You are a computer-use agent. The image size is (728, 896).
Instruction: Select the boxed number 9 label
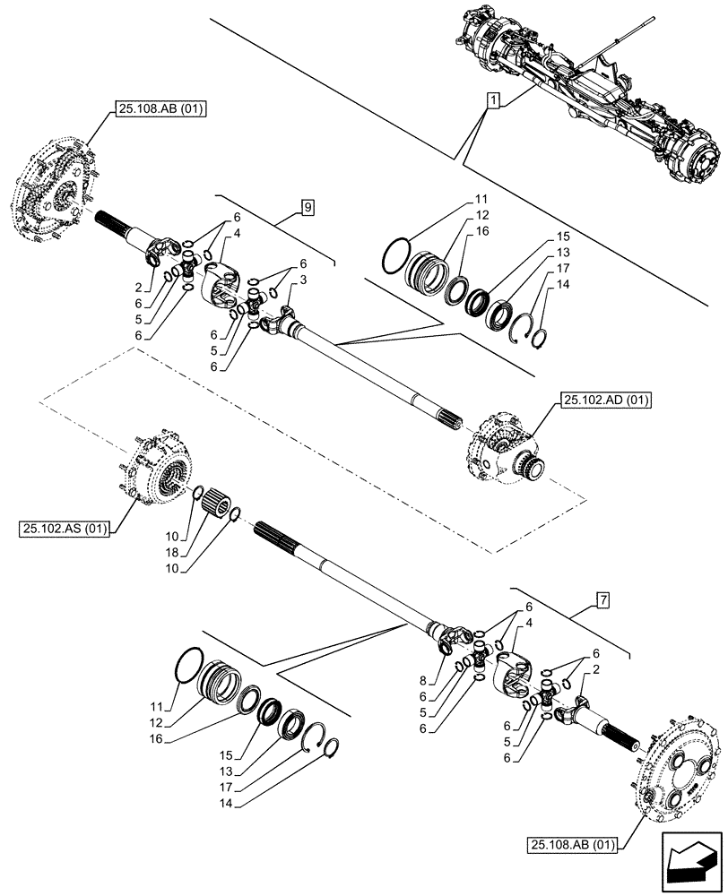(x=307, y=209)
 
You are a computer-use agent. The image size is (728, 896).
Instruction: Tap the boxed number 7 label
(x=601, y=599)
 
